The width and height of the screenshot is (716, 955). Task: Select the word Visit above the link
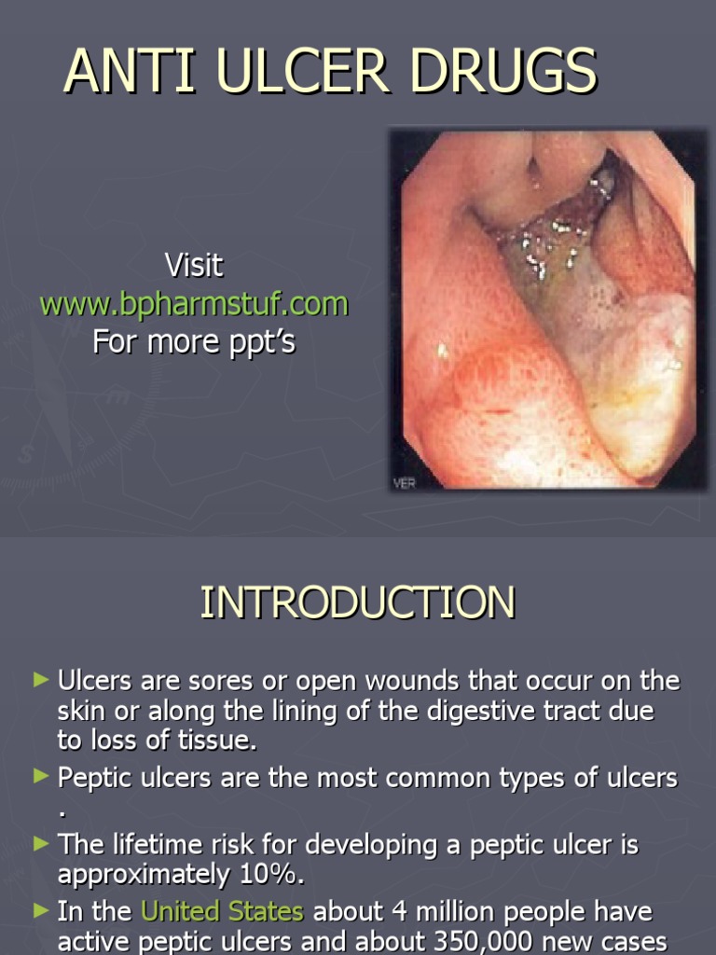pos(194,266)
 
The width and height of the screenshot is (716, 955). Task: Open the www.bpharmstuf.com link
pos(194,304)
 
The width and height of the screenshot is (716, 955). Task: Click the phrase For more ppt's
pos(194,342)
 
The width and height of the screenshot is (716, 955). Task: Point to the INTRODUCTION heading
pos(357,602)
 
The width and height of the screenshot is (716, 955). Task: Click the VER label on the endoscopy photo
pos(403,482)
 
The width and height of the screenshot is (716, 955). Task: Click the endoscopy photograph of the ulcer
pos(547,308)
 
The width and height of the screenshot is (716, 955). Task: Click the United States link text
pos(222,911)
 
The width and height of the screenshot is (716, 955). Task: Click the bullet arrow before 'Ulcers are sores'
pos(40,681)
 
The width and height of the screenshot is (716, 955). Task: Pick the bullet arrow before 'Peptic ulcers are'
pos(40,775)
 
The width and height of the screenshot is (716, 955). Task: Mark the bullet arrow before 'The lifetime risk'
pos(40,843)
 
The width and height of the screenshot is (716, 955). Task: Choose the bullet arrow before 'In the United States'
pos(40,910)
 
